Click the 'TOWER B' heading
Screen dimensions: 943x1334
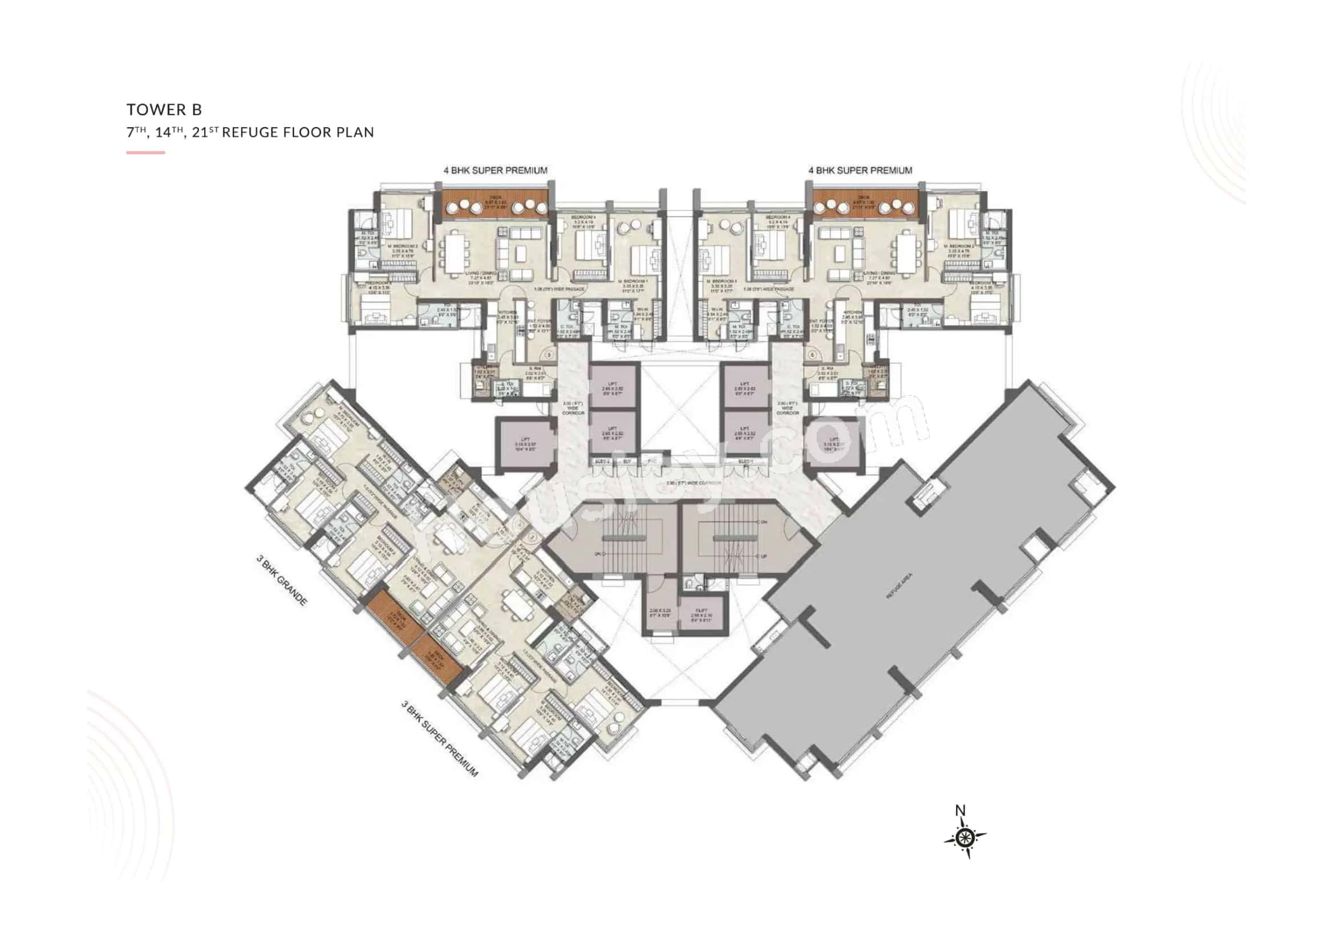coord(164,109)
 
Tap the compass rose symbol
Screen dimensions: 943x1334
coord(964,837)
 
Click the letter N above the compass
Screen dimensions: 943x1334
coord(960,810)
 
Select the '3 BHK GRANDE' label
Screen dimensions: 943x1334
coord(282,580)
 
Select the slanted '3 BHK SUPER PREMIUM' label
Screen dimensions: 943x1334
coord(440,738)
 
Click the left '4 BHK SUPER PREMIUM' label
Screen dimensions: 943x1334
coord(495,170)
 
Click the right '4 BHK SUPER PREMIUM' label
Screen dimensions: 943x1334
coord(860,170)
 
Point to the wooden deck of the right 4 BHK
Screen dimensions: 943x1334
coord(865,205)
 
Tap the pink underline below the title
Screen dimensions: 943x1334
coord(146,153)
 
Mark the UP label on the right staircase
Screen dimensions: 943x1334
coord(764,557)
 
